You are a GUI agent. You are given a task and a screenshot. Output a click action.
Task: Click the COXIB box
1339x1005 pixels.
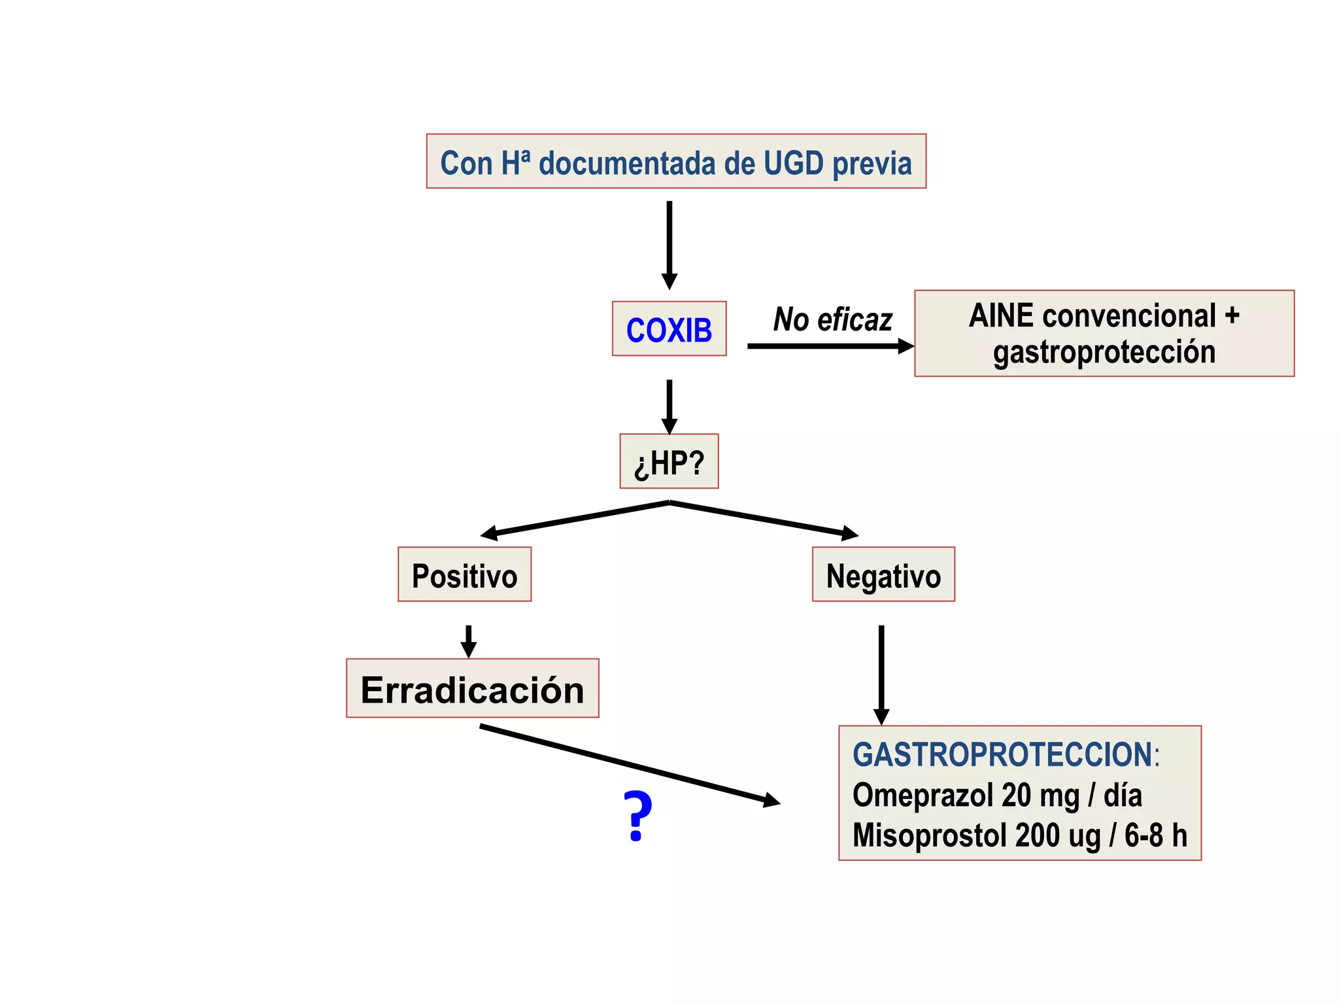coord(669,329)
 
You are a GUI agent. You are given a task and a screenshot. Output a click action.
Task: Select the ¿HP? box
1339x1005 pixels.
coord(669,462)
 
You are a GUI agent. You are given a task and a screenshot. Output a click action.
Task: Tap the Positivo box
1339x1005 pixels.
coord(464,575)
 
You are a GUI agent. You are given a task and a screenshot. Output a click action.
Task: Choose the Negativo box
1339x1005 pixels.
coord(883,575)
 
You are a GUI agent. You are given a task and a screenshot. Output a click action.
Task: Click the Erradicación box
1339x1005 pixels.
coord(472,689)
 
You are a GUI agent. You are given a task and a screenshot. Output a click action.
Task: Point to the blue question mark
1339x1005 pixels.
coord(637,816)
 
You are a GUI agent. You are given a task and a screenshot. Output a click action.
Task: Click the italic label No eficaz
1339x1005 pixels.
coord(832,320)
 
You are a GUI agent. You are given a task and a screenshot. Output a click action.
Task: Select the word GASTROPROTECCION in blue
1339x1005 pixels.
coord(1003,754)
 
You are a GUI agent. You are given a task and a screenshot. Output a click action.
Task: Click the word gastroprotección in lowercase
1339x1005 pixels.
coord(1104,352)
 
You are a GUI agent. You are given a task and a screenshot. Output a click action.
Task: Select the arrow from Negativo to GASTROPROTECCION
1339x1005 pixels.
coord(881,674)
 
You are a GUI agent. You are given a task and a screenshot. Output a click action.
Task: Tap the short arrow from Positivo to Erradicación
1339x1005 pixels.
coord(468,641)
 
